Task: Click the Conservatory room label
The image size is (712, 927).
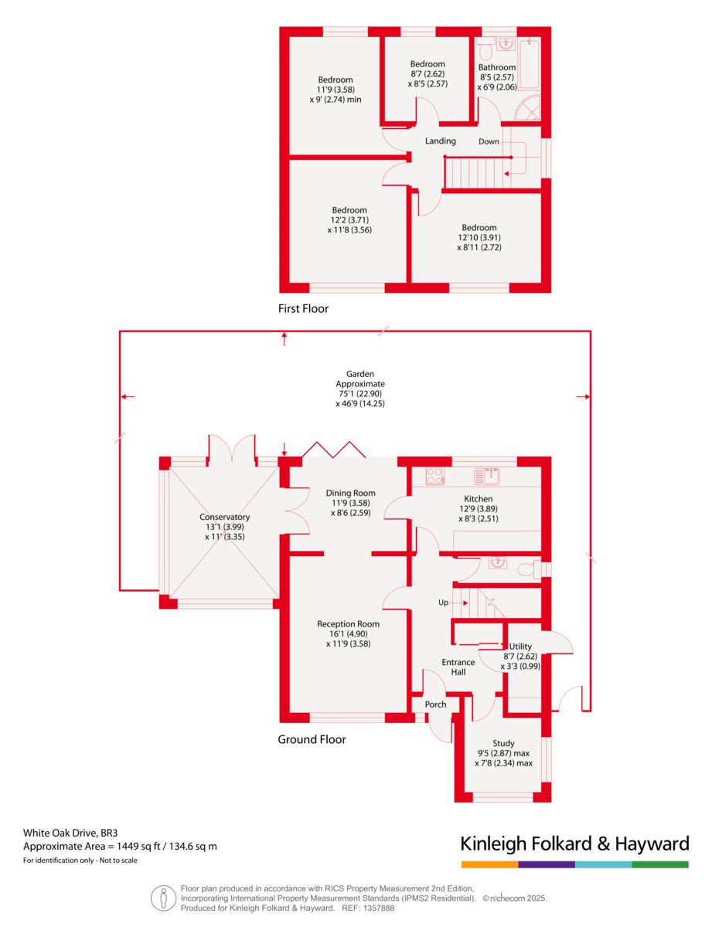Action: click(224, 518)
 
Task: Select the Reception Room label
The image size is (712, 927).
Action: click(348, 624)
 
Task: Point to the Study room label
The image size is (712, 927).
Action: click(503, 743)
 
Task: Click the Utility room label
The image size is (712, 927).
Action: click(521, 647)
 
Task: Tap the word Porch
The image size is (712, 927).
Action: click(436, 705)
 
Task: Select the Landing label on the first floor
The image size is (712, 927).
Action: click(441, 141)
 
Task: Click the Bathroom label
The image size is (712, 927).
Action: click(496, 67)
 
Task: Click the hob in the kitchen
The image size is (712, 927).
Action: click(434, 477)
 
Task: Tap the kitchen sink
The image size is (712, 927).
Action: click(489, 474)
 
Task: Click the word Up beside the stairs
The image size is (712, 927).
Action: click(444, 601)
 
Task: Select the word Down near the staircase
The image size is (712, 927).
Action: click(489, 141)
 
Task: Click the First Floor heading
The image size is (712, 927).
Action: click(303, 309)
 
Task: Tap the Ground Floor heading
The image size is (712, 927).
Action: click(312, 739)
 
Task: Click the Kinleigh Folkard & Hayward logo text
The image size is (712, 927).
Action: click(574, 843)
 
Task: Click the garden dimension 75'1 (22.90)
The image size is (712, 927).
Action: click(359, 393)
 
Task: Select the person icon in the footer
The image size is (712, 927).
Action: click(163, 898)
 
